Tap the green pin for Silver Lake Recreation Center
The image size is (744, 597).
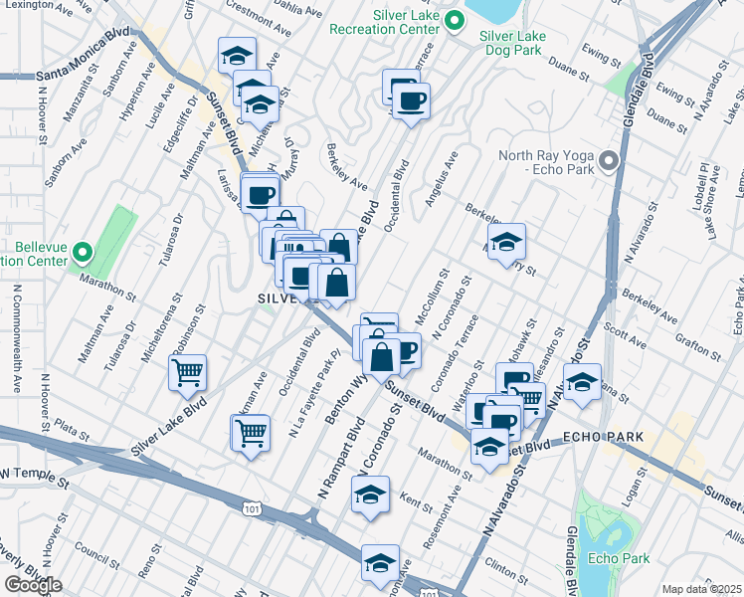point(455,21)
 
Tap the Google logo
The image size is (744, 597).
point(33,585)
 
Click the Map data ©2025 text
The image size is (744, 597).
point(701,589)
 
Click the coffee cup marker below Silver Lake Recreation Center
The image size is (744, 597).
point(409,99)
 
